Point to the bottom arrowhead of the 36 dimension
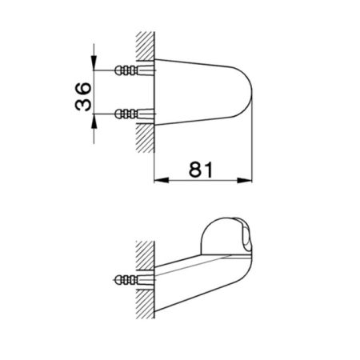pos(94,117)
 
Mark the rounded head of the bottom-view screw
pos(118,279)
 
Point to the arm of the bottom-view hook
pos(192,272)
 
